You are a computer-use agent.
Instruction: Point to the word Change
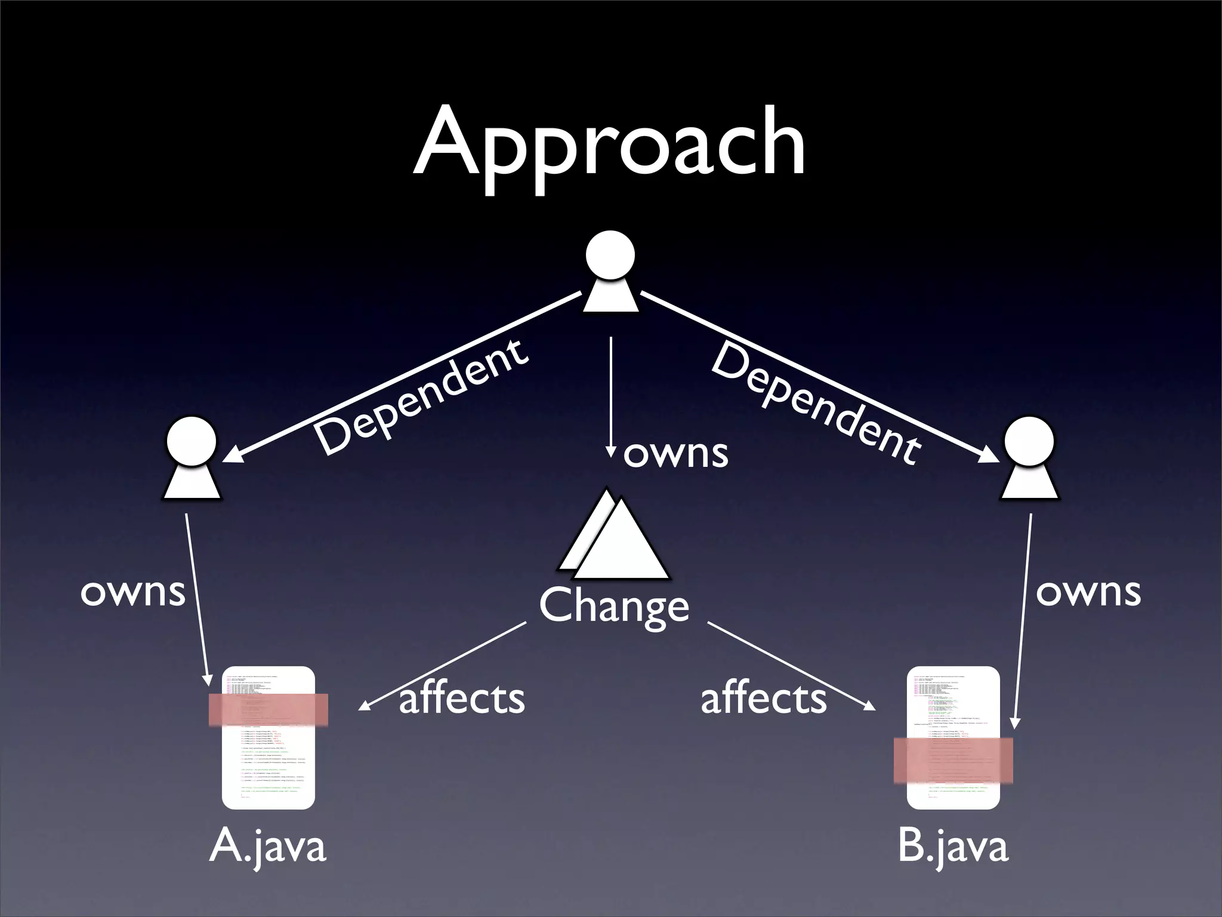click(x=614, y=605)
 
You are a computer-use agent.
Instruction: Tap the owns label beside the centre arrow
click(x=675, y=454)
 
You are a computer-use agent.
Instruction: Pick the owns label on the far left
click(x=132, y=592)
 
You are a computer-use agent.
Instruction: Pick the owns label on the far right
click(x=1088, y=592)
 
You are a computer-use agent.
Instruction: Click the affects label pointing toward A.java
click(x=462, y=698)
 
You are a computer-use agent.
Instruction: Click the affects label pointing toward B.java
click(x=764, y=698)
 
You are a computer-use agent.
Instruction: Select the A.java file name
click(x=268, y=847)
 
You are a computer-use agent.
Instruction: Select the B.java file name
click(x=953, y=847)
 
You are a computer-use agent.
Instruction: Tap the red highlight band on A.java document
click(x=268, y=709)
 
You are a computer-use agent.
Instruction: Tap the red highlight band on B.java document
click(x=953, y=760)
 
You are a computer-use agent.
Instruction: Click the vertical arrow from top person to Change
click(x=610, y=394)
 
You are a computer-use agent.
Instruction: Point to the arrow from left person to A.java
click(x=198, y=597)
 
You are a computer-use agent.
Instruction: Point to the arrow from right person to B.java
click(x=1023, y=621)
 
